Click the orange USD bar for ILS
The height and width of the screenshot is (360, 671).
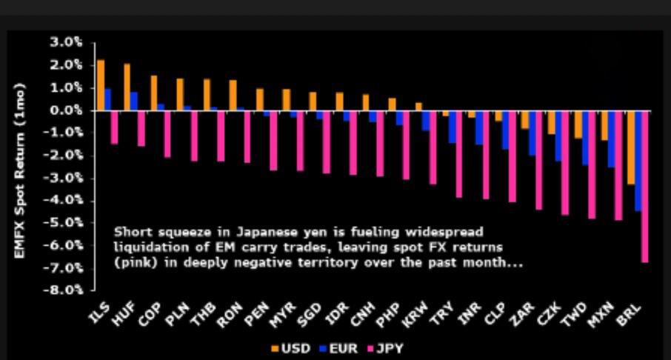tap(101, 85)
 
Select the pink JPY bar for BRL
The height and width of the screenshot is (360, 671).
tap(645, 186)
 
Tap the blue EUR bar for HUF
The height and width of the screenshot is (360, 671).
tap(134, 101)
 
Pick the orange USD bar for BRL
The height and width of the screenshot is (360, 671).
tap(631, 147)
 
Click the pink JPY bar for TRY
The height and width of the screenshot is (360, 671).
tap(458, 154)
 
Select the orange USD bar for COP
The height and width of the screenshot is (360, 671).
tap(153, 93)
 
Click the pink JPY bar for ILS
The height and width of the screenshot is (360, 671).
tap(114, 127)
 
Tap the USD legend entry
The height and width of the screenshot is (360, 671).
tap(290, 348)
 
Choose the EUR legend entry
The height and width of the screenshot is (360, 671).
tap(338, 348)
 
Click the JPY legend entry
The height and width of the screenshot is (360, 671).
tap(385, 348)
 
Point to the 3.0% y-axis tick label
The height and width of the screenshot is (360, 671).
tap(67, 42)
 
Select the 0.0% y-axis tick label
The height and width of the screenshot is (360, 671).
tap(67, 110)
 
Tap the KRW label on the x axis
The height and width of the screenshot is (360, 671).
tap(415, 314)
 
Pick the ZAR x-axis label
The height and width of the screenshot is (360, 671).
tap(521, 314)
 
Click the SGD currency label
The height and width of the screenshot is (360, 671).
tap(309, 315)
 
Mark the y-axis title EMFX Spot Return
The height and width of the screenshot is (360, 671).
tap(20, 171)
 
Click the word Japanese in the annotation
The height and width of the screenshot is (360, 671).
tap(261, 233)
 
